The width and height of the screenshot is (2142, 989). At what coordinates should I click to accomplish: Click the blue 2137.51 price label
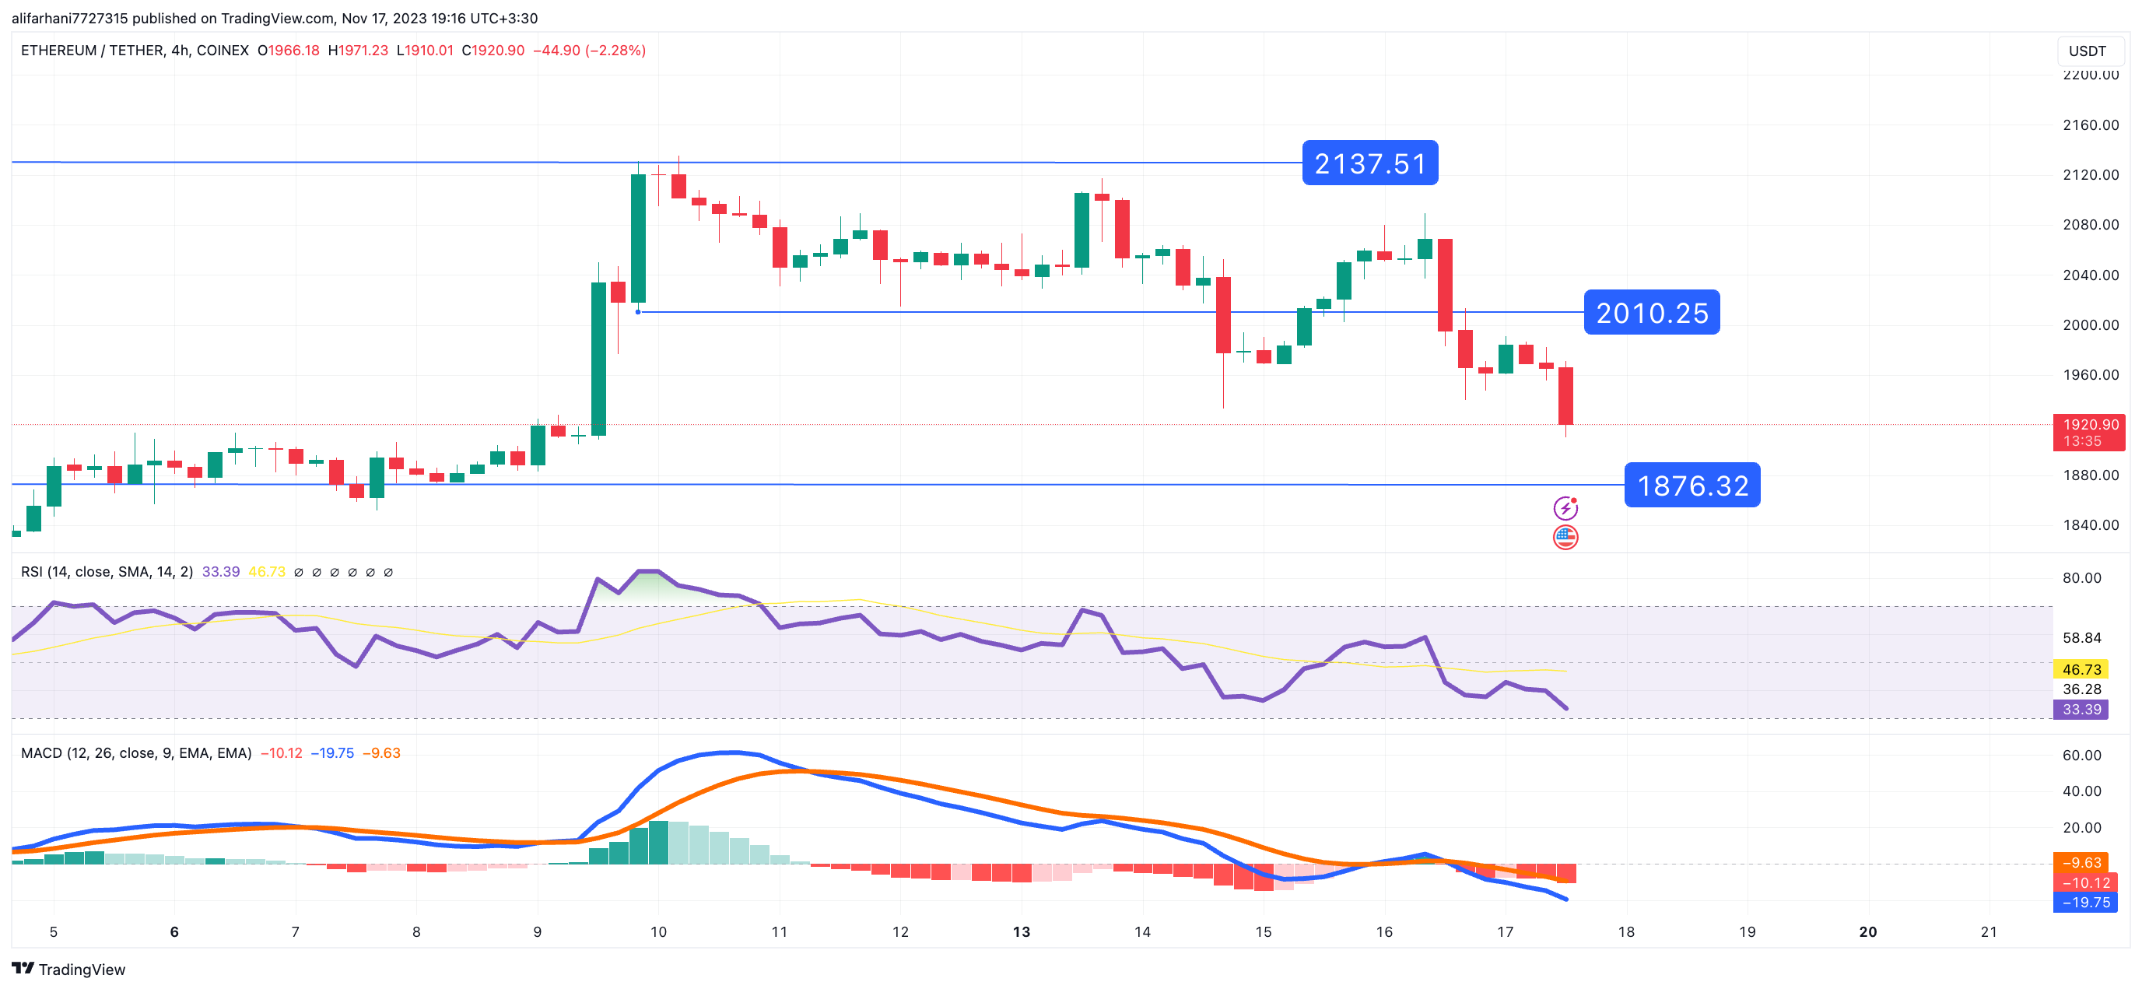1369,163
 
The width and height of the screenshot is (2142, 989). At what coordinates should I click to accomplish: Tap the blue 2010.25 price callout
1651,313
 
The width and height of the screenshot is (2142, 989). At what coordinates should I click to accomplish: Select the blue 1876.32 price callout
1692,485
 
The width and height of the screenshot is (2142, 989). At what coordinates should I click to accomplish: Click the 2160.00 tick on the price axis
2091,125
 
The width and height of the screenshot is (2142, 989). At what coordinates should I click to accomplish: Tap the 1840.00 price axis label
2091,525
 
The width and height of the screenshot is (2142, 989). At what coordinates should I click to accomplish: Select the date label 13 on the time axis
1021,931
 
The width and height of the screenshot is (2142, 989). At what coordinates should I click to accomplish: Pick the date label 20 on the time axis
1867,931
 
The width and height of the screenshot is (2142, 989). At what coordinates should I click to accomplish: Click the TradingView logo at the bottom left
68,969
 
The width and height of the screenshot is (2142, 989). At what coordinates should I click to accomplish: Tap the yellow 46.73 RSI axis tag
2081,670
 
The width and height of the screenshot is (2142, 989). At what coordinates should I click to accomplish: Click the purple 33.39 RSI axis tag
2081,710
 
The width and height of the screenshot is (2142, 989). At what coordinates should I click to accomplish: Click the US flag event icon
1565,538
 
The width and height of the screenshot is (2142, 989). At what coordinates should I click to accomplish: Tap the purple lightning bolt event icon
1565,507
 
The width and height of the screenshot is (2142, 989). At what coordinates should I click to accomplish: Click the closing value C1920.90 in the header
493,51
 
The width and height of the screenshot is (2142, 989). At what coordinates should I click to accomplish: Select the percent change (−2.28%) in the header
615,51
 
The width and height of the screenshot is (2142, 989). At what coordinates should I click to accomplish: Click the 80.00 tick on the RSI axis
2081,578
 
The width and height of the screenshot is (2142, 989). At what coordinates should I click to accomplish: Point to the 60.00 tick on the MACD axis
2081,756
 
